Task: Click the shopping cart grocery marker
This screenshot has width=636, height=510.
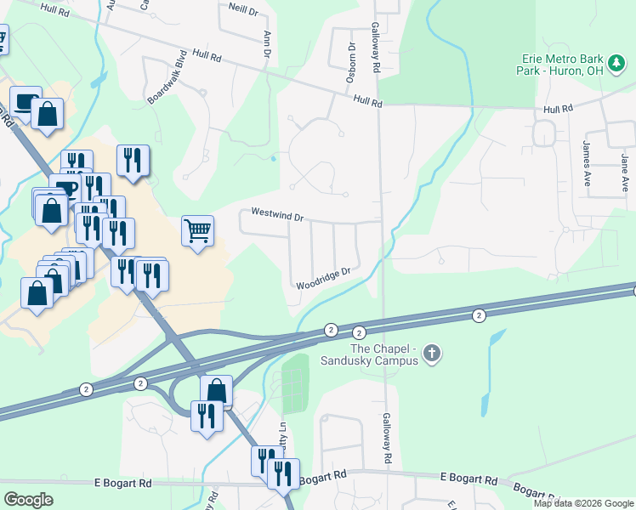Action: [197, 229]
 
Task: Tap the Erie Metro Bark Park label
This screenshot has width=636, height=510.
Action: [559, 65]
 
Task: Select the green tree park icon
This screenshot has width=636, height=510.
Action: [616, 62]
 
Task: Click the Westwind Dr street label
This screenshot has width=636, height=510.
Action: [277, 217]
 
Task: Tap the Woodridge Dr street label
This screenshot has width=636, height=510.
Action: [323, 278]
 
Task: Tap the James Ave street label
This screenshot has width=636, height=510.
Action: [587, 163]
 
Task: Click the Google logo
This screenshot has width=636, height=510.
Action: [29, 500]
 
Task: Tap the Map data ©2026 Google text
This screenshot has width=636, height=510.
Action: [583, 503]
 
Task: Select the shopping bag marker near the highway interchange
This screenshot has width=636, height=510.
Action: [217, 391]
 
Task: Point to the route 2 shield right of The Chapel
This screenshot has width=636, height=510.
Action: [479, 315]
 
